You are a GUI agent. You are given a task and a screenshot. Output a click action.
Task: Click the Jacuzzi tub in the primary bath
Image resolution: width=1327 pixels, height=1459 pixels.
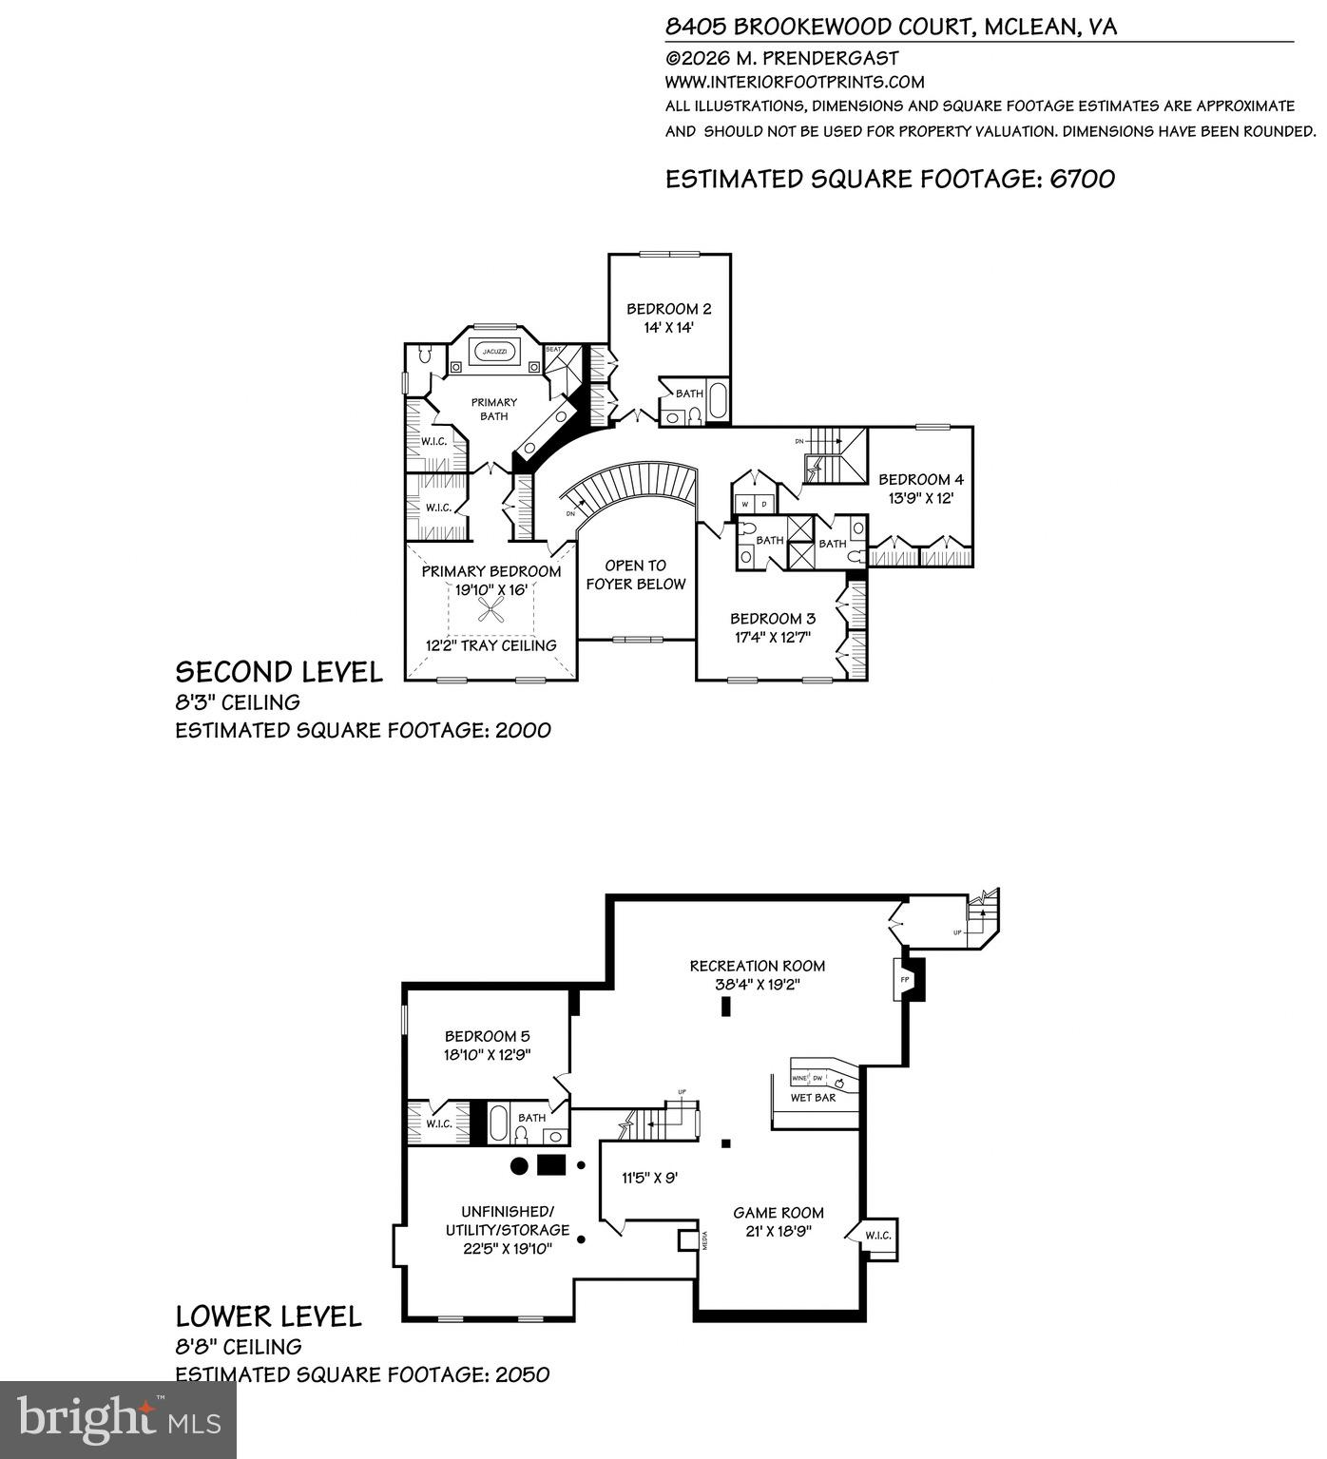coord(494,352)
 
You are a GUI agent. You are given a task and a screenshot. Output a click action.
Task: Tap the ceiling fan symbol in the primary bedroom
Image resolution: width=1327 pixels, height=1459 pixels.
coord(490,608)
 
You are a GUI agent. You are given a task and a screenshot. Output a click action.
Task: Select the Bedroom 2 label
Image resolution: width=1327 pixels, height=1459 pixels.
coord(668,309)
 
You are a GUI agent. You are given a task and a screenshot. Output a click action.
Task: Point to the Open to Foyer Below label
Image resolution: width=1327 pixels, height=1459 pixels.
coord(635,575)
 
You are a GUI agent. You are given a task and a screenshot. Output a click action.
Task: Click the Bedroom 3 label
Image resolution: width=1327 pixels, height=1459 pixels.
coord(772,619)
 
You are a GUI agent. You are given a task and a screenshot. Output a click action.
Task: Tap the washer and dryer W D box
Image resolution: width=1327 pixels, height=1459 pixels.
coord(755,503)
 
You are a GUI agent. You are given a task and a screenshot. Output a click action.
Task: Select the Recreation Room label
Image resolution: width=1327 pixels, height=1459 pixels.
coord(757,966)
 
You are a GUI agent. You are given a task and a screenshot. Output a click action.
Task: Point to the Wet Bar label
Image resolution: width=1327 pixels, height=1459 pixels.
coord(813,1098)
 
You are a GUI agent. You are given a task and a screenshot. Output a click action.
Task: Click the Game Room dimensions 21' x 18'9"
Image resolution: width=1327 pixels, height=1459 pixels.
coord(778,1231)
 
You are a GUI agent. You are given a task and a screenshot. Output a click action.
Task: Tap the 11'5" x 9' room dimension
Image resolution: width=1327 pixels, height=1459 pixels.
coord(649,1178)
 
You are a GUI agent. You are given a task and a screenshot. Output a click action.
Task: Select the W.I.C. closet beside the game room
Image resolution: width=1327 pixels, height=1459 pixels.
coord(877,1236)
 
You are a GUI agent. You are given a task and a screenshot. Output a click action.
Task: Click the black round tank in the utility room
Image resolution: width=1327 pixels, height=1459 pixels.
coord(520,1165)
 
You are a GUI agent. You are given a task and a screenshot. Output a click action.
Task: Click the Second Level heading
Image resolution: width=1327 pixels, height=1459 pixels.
coord(279,672)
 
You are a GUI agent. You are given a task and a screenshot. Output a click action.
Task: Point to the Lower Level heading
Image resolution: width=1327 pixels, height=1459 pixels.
coord(268,1316)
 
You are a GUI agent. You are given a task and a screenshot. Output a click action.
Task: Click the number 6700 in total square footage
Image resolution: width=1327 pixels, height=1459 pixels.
coord(1082,179)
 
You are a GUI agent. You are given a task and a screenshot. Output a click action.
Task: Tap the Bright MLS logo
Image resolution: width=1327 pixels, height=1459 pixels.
coord(119,1419)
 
